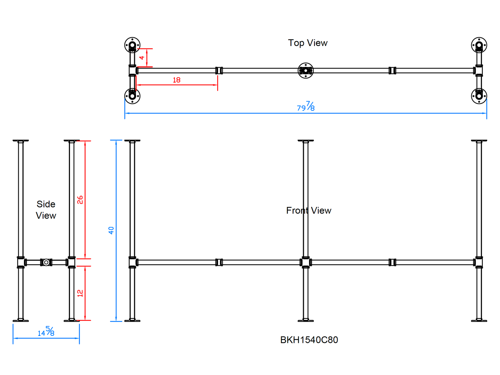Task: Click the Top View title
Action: [x=308, y=43]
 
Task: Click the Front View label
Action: [x=309, y=210]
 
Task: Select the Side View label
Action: [x=46, y=210]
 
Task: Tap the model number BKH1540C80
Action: [x=309, y=340]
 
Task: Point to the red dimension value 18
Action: [x=176, y=80]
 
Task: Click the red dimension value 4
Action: [x=142, y=57]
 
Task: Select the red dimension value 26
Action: [x=80, y=200]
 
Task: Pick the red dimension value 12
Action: [x=80, y=293]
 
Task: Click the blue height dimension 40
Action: [x=111, y=230]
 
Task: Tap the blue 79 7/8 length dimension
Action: [x=306, y=107]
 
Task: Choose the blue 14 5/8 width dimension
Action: [x=46, y=332]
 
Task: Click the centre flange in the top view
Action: [x=306, y=71]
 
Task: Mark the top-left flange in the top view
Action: [x=132, y=45]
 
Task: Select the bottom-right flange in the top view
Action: [x=479, y=96]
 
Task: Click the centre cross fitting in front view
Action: [x=306, y=262]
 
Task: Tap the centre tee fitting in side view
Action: [x=46, y=262]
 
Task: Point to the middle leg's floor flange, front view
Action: [x=306, y=320]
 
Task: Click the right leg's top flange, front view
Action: [x=479, y=141]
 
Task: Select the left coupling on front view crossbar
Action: [x=219, y=262]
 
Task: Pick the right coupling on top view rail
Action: [x=392, y=71]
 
